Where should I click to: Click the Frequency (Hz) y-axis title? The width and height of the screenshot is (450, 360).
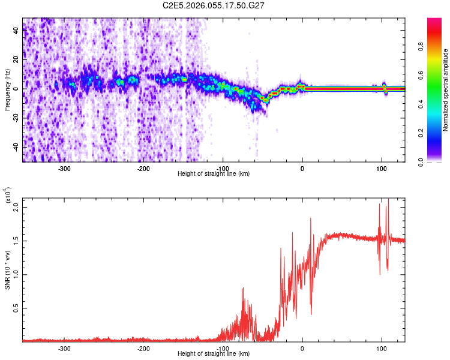click(7, 90)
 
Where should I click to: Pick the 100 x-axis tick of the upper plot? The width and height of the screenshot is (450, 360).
click(382, 168)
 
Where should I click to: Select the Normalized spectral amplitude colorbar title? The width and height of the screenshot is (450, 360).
click(446, 90)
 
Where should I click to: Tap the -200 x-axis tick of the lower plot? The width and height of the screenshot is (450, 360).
click(143, 348)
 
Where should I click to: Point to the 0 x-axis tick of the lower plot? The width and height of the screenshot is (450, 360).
click(302, 348)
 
